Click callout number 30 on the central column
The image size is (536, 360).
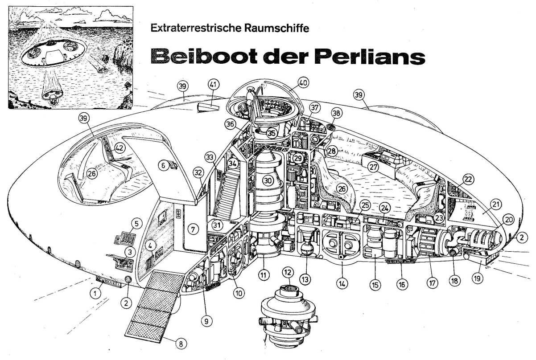(x=267, y=181)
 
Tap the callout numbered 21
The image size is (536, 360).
(x=495, y=205)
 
